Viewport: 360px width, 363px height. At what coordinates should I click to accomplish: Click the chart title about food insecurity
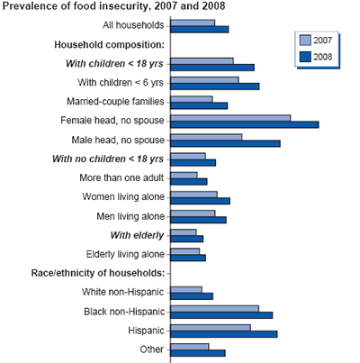[114, 7]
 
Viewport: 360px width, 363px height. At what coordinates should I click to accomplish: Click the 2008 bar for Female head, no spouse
[243, 124]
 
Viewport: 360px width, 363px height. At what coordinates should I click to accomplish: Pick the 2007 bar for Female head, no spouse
[229, 116]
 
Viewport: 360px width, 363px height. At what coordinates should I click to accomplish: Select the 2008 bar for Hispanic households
[222, 333]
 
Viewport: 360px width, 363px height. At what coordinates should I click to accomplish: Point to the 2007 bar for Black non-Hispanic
[213, 308]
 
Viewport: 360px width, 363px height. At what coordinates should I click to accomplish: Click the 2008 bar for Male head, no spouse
[224, 143]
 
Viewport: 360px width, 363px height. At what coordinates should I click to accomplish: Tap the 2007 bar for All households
[192, 21]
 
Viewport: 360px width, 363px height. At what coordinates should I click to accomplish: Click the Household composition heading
[110, 44]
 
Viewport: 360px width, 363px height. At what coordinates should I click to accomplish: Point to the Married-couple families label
[116, 101]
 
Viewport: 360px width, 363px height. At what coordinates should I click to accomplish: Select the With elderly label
[138, 235]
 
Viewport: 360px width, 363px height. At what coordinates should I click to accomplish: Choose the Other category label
[152, 349]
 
